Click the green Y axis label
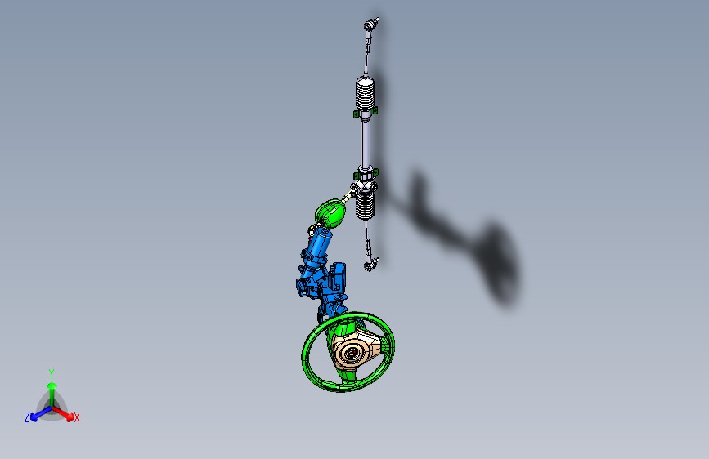(x=51, y=372)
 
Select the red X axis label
(x=77, y=417)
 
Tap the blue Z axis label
(x=27, y=417)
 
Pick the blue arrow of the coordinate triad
(x=38, y=413)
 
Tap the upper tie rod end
(x=372, y=26)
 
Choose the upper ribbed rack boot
(x=366, y=93)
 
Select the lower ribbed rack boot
(x=365, y=205)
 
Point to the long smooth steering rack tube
(x=366, y=143)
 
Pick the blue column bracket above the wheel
(x=332, y=286)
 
